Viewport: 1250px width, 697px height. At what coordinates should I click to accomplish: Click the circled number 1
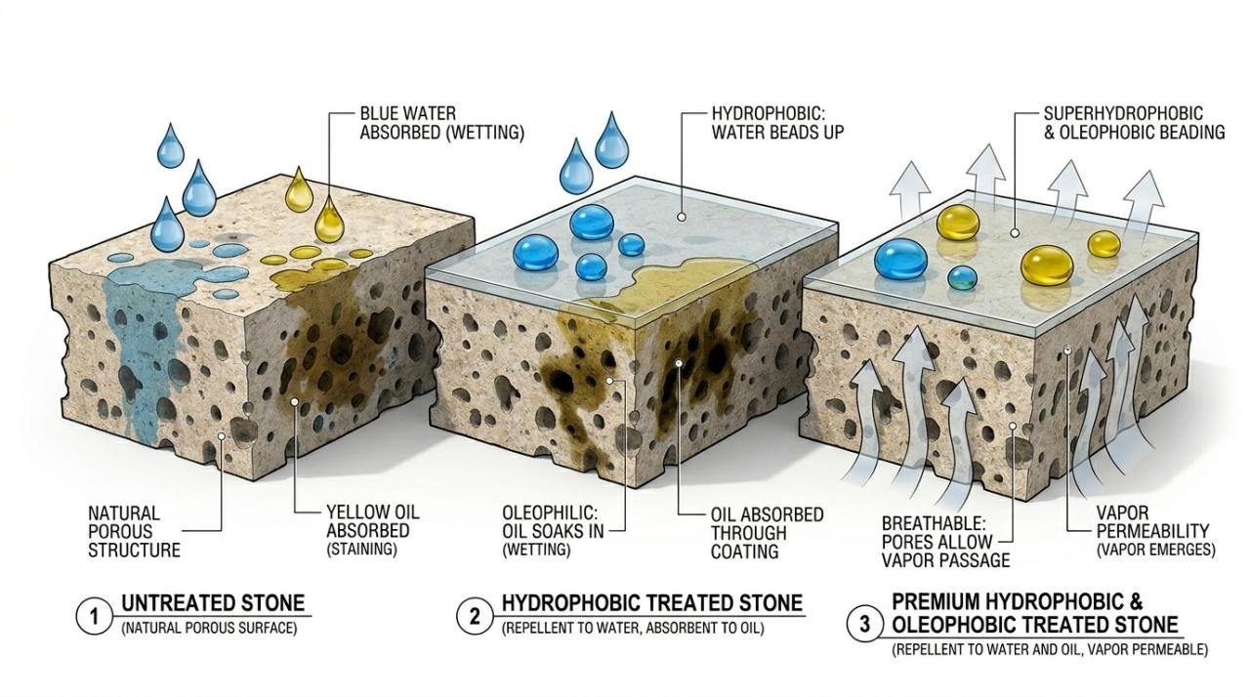coord(95,616)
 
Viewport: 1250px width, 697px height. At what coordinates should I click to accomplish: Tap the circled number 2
coord(475,616)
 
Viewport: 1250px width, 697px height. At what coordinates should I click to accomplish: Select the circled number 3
coord(864,625)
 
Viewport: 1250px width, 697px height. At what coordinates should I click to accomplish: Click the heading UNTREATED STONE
coord(213,603)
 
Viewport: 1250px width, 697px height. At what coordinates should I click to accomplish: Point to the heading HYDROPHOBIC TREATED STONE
coord(651,603)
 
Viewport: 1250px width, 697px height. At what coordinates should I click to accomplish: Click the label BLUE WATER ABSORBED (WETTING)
coord(441,124)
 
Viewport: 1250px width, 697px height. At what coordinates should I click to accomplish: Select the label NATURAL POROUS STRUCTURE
coord(134,531)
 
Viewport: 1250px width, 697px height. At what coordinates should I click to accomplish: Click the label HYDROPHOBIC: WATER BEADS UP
coord(777,122)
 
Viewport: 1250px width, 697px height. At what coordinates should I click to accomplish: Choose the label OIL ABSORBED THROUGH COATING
coord(767,533)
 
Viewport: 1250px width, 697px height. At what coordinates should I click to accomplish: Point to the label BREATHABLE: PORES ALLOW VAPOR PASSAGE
coord(937,541)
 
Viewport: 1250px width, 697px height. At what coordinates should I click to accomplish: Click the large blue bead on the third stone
coord(900,259)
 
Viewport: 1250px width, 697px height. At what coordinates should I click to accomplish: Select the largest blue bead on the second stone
coord(591,223)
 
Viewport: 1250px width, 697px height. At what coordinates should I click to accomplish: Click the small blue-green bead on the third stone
coord(963,277)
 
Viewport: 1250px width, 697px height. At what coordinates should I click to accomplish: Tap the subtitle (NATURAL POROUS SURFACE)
coord(209,628)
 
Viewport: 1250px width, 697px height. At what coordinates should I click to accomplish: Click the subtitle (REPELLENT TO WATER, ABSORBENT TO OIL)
coord(633,629)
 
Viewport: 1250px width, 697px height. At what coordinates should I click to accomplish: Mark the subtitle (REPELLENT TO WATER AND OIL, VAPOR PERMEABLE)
coord(1050,649)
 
